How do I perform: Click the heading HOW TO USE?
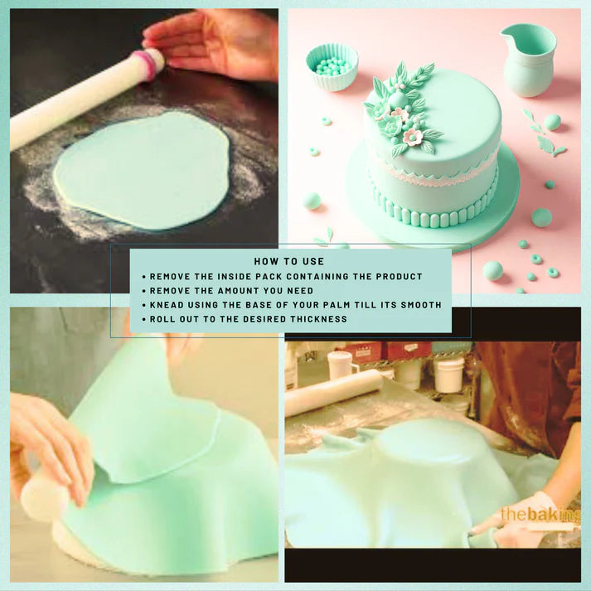click(x=288, y=261)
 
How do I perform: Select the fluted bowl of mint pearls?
click(x=332, y=66)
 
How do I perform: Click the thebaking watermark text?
click(x=541, y=515)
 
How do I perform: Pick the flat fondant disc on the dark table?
click(x=143, y=170)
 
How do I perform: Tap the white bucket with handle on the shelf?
click(x=448, y=374)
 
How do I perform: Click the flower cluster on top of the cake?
click(x=400, y=109)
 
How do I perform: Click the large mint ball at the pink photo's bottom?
click(x=492, y=270)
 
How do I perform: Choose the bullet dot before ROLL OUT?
click(x=144, y=319)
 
